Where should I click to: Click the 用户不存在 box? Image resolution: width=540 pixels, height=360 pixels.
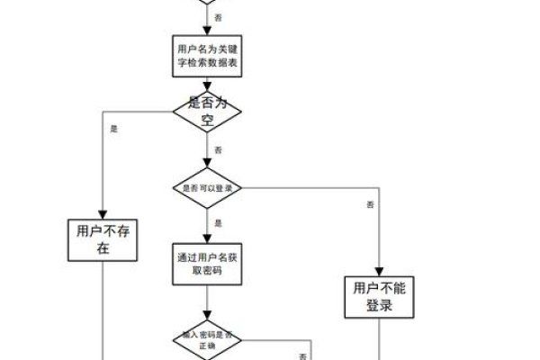[x=103, y=240]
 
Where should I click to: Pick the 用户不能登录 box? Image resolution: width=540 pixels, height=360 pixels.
[x=379, y=297]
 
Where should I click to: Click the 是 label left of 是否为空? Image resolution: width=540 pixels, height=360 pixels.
[x=113, y=129]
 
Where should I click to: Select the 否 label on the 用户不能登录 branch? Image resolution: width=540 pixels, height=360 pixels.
[x=370, y=206]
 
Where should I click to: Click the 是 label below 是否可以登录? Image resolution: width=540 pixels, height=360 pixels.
[x=219, y=222]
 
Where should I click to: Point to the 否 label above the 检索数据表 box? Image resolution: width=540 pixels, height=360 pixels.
[x=220, y=17]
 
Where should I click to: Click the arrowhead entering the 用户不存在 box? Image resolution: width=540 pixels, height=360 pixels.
[x=103, y=213]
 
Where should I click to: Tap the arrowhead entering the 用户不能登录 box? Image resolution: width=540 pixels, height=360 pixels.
[x=379, y=270]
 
